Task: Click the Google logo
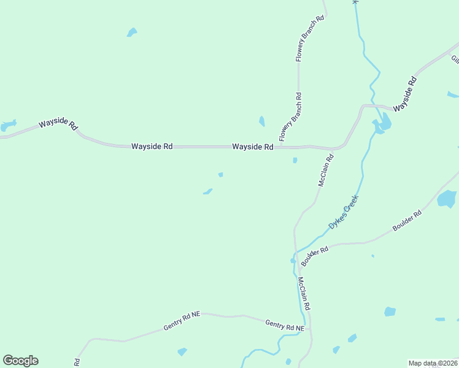(x=20, y=361)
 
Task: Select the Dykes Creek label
(x=342, y=212)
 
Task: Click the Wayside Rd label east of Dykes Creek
(x=405, y=94)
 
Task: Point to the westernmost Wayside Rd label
(x=58, y=124)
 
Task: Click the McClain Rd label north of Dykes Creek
(x=325, y=170)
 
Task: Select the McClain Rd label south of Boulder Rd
(x=304, y=293)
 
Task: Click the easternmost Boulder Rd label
(x=407, y=221)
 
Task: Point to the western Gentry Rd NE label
(x=182, y=321)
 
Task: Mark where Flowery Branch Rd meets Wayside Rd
(x=282, y=147)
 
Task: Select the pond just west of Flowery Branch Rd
(x=262, y=121)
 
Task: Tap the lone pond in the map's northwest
(x=132, y=32)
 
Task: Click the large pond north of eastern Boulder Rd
(x=447, y=199)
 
